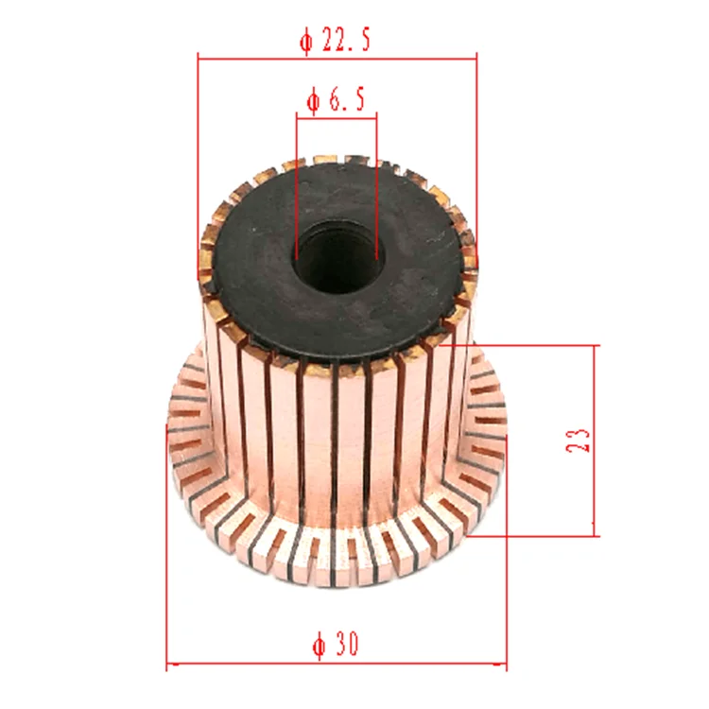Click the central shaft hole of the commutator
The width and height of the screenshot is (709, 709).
click(x=337, y=257)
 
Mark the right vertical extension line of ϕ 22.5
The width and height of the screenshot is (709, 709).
click(x=476, y=142)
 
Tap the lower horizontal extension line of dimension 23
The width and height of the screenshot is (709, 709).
click(x=539, y=535)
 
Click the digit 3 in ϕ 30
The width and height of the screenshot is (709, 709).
click(x=341, y=647)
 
